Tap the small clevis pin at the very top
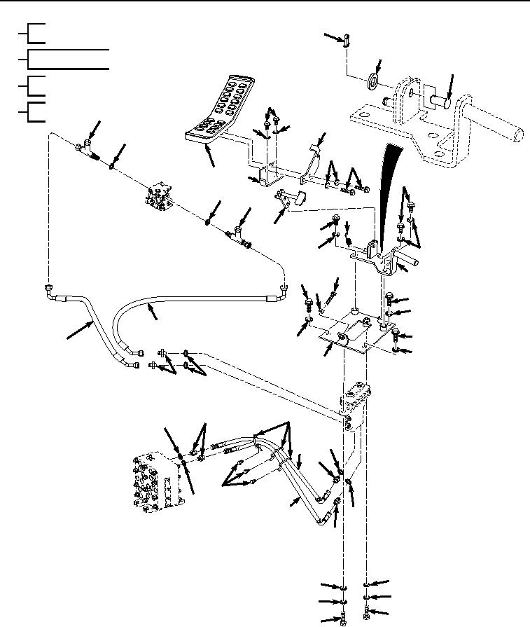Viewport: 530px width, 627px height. click(x=347, y=43)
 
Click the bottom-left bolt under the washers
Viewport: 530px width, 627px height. click(x=344, y=619)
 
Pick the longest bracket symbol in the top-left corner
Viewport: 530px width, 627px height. click(x=67, y=60)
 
